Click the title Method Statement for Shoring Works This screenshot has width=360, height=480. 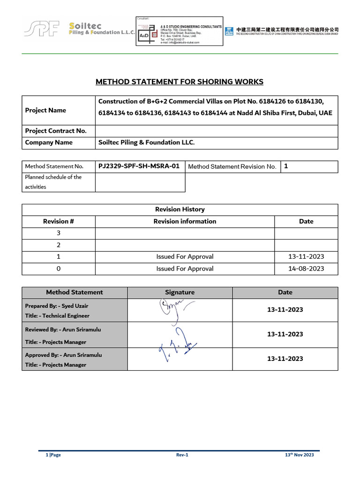coord(180,82)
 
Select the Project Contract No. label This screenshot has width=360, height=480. coord(56,131)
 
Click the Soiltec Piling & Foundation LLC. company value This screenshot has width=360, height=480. coord(146,142)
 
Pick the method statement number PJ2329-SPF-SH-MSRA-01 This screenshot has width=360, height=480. coord(139,166)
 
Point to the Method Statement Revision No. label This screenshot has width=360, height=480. coord(232,166)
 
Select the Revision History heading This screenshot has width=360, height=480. coord(180,210)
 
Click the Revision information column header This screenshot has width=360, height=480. coord(185,221)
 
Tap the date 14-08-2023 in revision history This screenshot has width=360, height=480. coord(306,269)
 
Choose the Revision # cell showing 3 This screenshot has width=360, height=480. coord(59,233)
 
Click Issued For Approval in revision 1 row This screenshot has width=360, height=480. coord(185,257)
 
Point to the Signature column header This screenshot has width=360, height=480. coord(180,292)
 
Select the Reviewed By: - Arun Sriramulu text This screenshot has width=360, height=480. coord(63,330)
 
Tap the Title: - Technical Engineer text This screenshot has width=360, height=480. coord(57,316)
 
